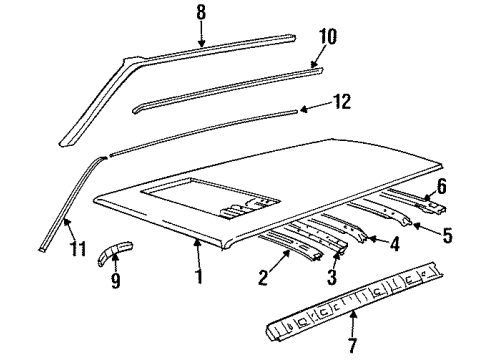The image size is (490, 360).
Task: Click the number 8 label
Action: (x=200, y=12)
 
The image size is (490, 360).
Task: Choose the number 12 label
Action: (x=342, y=101)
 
